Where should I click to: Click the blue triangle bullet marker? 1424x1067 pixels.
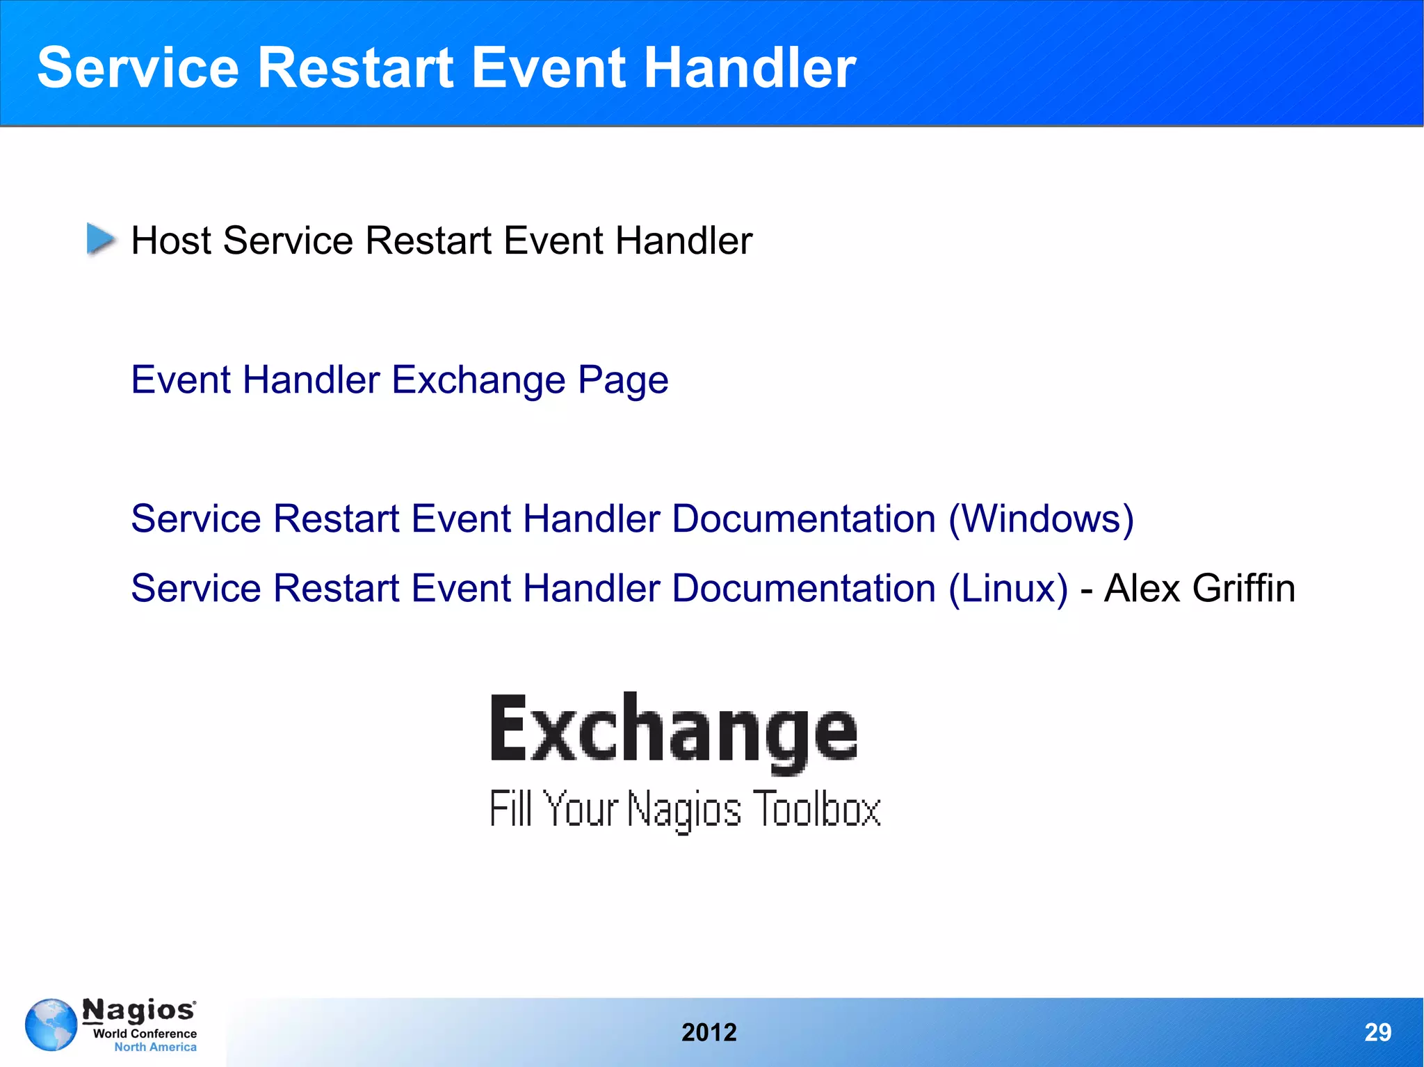pos(101,239)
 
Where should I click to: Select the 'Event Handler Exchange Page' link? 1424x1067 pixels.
pos(399,380)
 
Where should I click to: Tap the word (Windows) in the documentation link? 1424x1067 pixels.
pos(1041,519)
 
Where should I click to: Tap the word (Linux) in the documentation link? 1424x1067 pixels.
pos(1008,589)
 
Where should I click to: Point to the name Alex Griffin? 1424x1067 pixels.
pos(1199,589)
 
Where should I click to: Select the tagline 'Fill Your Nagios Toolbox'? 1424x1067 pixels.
pos(685,809)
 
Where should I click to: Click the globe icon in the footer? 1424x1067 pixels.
pos(51,1025)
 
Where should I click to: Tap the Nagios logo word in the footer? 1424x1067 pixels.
pos(139,1010)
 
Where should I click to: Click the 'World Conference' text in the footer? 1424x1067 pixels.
pos(145,1034)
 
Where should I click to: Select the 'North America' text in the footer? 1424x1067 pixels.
pos(155,1047)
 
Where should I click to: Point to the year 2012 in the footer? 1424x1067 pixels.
pos(709,1033)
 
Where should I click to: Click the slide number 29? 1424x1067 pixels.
pos(1377,1032)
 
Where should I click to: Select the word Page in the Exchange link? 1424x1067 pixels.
pos(623,380)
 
